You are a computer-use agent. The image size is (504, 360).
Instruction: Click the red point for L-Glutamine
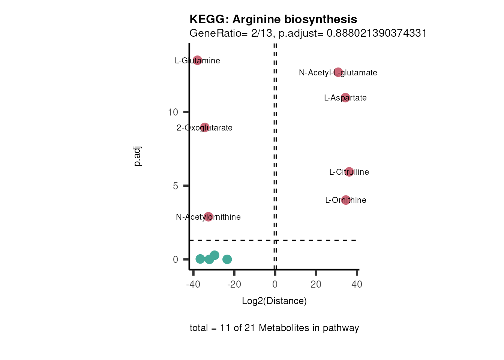click(x=198, y=60)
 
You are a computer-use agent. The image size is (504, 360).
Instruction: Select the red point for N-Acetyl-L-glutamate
click(x=338, y=72)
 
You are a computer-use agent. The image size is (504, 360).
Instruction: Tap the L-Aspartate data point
click(x=345, y=97)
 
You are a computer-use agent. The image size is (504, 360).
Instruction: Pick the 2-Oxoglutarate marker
click(x=205, y=127)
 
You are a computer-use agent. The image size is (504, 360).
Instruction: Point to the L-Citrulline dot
click(x=349, y=172)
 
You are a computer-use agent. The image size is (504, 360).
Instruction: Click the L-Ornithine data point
click(x=346, y=200)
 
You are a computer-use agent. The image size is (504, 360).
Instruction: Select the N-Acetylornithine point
click(x=208, y=217)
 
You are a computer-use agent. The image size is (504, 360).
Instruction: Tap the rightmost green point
click(x=227, y=259)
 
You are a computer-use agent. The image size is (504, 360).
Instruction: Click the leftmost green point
click(x=200, y=259)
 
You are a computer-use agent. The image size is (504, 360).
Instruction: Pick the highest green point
click(x=214, y=255)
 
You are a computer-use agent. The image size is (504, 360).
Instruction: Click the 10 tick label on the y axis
click(x=173, y=112)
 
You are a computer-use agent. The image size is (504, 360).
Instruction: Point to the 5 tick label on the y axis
click(x=175, y=186)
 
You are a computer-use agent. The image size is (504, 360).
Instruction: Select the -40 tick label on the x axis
click(x=193, y=284)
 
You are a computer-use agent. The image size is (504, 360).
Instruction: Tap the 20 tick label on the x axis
click(x=316, y=284)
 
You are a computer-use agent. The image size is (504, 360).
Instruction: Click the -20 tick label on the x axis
click(x=234, y=284)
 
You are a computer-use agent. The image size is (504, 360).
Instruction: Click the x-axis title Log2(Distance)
click(x=274, y=301)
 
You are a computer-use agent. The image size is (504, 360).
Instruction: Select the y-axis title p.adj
click(x=138, y=156)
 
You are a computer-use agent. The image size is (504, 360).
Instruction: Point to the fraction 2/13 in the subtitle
click(x=262, y=33)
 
